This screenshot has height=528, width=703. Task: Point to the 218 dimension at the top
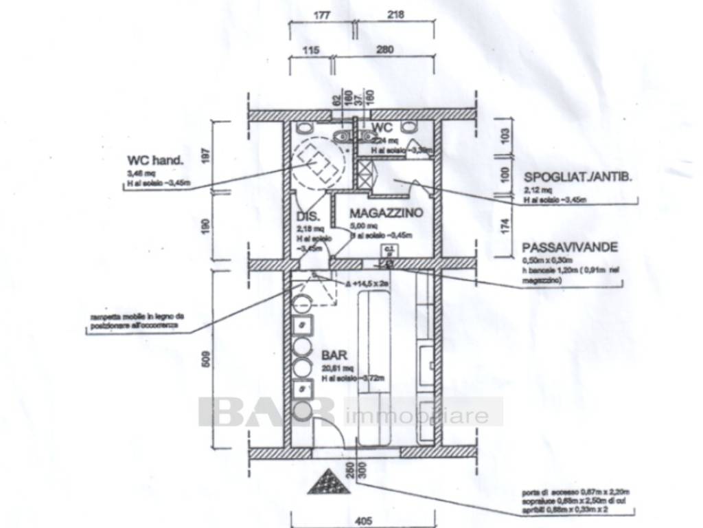coord(396,14)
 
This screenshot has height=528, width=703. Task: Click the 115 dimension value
coord(311,49)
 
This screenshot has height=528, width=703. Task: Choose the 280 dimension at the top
coord(384,49)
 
